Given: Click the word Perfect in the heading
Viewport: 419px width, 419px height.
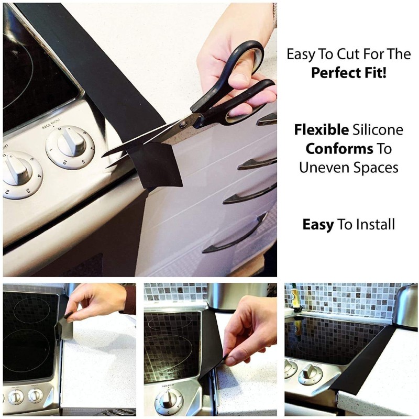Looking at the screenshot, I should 333,72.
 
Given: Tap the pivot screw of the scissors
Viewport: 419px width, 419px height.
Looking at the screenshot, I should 183,124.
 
